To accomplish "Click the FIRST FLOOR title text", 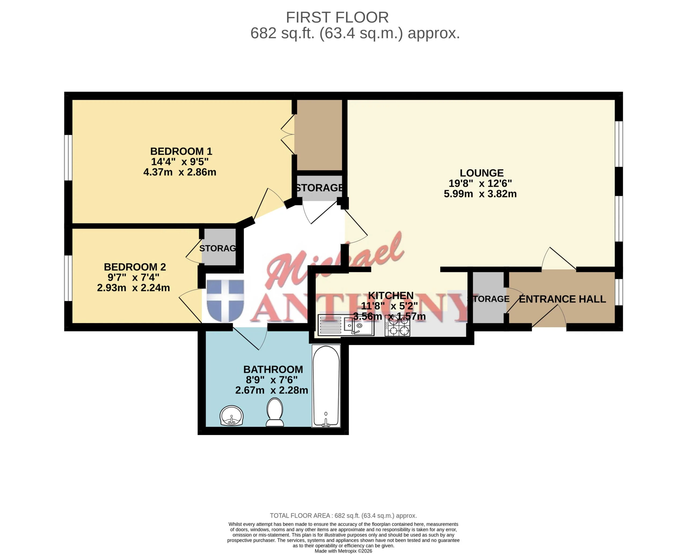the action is (x=337, y=17).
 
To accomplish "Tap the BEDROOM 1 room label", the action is (x=181, y=151).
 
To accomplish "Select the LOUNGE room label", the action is (x=481, y=173).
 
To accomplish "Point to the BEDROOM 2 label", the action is (x=135, y=267).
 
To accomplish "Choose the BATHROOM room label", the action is (x=273, y=369).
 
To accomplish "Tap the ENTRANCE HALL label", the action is (x=562, y=299).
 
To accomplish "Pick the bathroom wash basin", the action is (x=232, y=415).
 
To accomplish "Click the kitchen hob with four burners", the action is (x=397, y=326).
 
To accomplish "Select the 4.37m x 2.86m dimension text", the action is (x=180, y=172).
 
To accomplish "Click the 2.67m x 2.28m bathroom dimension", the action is (x=272, y=390).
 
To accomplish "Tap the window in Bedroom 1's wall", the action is (x=68, y=158).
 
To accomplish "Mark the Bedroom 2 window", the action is (x=68, y=278).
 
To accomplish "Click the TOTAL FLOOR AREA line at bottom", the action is (x=343, y=515).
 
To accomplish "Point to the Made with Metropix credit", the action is (x=343, y=551).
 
